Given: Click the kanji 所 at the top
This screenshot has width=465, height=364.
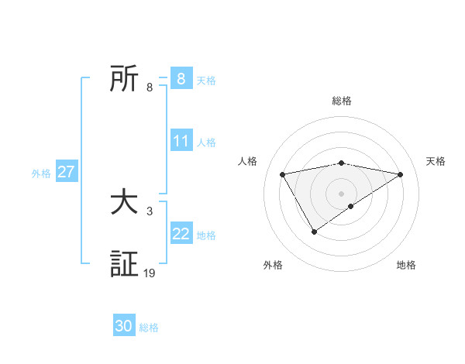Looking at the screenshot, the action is tap(124, 79).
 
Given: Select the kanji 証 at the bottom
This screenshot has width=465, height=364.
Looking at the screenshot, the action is tap(124, 263).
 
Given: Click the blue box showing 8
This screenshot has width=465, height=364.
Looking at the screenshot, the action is tap(181, 79).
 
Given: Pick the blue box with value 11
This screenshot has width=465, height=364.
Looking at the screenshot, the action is tap(181, 141).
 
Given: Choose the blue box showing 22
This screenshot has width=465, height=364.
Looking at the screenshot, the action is tap(181, 234).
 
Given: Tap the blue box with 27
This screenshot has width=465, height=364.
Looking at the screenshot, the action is tap(66, 172).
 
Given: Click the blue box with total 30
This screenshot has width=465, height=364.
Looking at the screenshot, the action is tap(124, 326).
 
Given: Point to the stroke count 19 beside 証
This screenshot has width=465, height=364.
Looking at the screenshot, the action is tap(150, 273).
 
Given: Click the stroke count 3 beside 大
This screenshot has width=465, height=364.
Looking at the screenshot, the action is tap(150, 211).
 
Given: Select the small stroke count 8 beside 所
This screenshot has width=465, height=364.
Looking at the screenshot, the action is tap(150, 88).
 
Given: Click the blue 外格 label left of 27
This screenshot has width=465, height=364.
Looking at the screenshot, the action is tap(41, 173).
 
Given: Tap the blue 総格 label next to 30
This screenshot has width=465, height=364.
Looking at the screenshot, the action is tap(149, 328).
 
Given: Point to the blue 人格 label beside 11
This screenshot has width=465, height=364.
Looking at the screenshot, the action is tap(206, 143).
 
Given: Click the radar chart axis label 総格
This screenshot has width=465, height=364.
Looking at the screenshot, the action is tap(342, 101).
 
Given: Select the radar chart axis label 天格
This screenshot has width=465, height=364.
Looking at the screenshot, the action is tap(436, 161).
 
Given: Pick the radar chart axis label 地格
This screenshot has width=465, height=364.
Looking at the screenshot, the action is tap(406, 265).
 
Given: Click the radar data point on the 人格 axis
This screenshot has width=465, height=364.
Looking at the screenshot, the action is tap(283, 174).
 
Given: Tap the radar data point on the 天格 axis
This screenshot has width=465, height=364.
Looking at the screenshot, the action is tap(401, 174).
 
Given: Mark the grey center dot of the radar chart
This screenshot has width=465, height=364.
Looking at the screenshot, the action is tap(342, 193).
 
